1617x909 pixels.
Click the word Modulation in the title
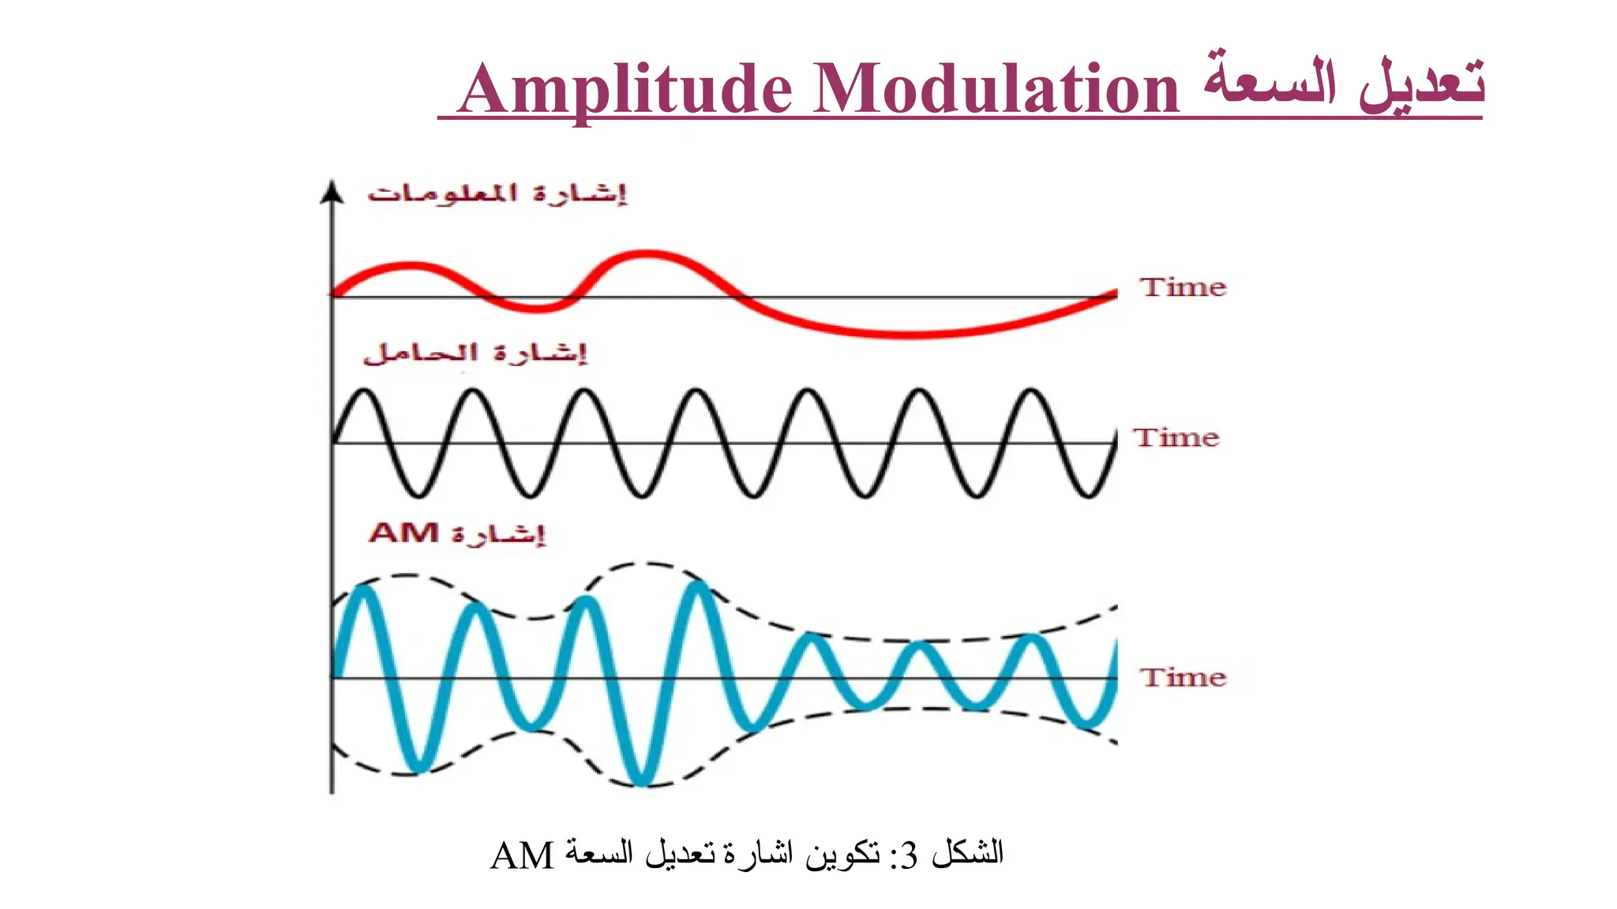pyautogui.click(x=996, y=88)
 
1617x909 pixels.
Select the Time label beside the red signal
pyautogui.click(x=1183, y=287)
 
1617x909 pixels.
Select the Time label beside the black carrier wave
pyautogui.click(x=1176, y=437)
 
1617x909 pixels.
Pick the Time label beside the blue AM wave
pyautogui.click(x=1183, y=677)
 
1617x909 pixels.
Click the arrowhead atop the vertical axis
pyautogui.click(x=332, y=193)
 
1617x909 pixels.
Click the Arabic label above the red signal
pyautogui.click(x=497, y=194)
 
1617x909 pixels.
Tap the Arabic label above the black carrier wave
pyautogui.click(x=475, y=353)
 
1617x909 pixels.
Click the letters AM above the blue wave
pyautogui.click(x=403, y=533)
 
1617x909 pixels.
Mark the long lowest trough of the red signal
pyautogui.click(x=908, y=335)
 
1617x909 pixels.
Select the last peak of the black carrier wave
pyautogui.click(x=1030, y=391)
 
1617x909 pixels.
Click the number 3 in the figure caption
pyautogui.click(x=908, y=855)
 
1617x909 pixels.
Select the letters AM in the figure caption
pyautogui.click(x=522, y=856)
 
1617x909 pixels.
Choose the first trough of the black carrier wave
pyautogui.click(x=419, y=494)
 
